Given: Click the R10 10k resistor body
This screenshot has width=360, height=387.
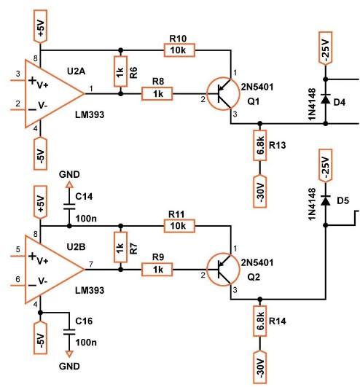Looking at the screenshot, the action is [179, 50].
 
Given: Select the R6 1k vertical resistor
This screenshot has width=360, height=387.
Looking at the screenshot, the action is [121, 71].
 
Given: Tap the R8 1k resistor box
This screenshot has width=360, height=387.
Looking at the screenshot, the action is [157, 93].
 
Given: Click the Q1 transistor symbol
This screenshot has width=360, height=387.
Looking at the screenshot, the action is [223, 94].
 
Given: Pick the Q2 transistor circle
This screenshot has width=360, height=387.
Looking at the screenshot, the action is [223, 269].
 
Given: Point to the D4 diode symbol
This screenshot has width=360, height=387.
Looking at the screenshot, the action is [326, 98].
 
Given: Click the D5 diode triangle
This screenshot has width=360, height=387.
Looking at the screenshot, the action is [326, 200].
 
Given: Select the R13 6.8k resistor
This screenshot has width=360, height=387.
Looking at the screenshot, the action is [260, 145].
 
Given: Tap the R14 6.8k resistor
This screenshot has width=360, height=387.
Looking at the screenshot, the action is [260, 321].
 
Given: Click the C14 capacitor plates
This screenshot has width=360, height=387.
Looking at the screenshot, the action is [69, 206].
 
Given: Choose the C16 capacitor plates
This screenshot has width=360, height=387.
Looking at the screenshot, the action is [69, 332].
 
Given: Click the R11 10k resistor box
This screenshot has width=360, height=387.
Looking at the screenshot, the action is [179, 226].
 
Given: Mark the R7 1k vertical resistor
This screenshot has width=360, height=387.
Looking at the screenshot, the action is [121, 247].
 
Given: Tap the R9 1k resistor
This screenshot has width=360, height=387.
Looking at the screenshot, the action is [157, 269].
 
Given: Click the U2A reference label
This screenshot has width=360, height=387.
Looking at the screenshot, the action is [77, 71].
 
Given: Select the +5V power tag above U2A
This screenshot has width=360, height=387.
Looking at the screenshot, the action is [40, 27].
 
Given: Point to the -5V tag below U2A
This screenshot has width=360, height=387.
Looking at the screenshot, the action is [40, 154].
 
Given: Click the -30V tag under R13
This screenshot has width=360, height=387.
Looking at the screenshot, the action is [260, 192].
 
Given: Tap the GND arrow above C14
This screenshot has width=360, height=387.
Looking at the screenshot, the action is [69, 184].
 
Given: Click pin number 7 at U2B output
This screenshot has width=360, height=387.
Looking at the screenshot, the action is [91, 265].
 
